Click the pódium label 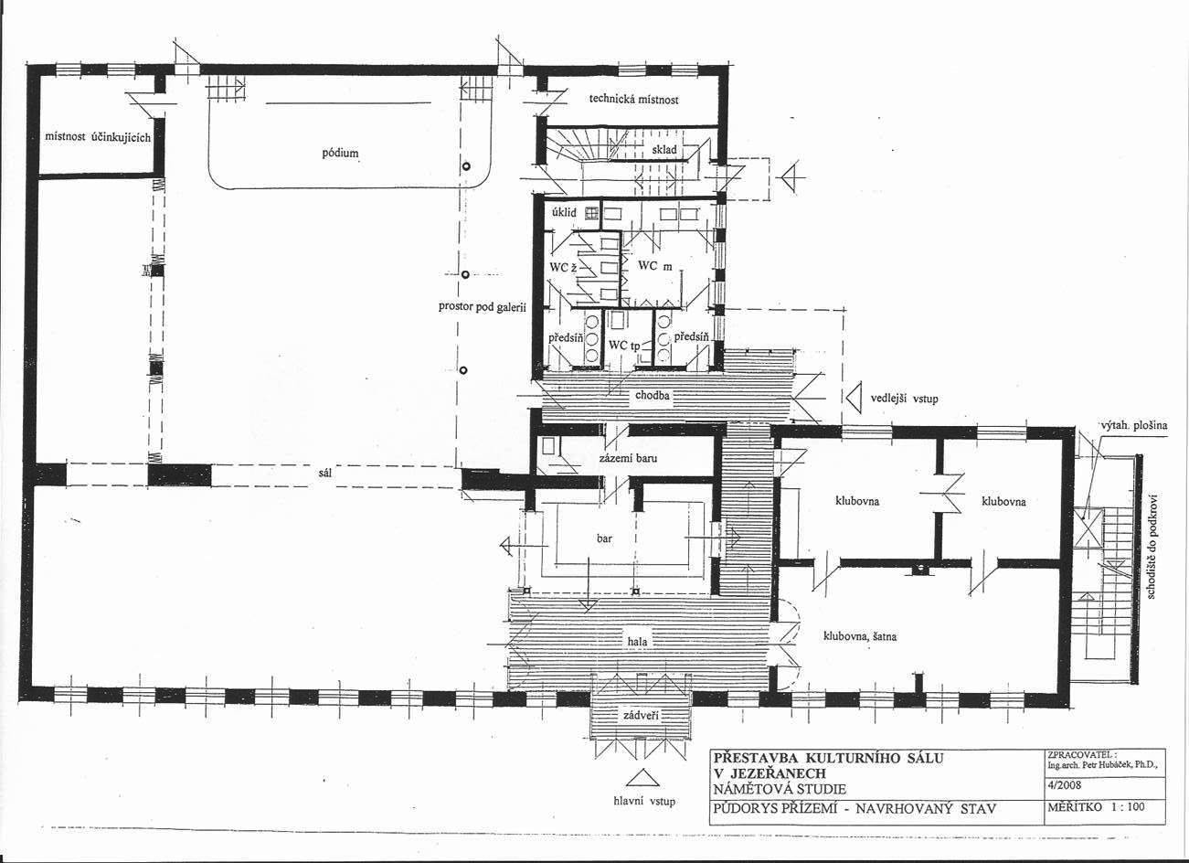pyautogui.click(x=340, y=154)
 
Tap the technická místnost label pyautogui.click(x=633, y=100)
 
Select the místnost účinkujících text pyautogui.click(x=98, y=137)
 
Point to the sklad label pyautogui.click(x=664, y=150)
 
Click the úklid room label pyautogui.click(x=564, y=212)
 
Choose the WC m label pyautogui.click(x=654, y=265)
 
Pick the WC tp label pyautogui.click(x=624, y=346)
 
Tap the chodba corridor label pyautogui.click(x=652, y=395)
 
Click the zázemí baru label pyautogui.click(x=628, y=457)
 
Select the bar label pyautogui.click(x=604, y=538)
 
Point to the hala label pyautogui.click(x=637, y=642)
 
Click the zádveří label pyautogui.click(x=641, y=716)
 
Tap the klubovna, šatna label pyautogui.click(x=860, y=636)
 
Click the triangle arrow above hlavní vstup pyautogui.click(x=642, y=779)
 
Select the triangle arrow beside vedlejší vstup pyautogui.click(x=854, y=398)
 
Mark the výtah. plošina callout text pyautogui.click(x=1132, y=425)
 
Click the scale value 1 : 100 pyautogui.click(x=1128, y=807)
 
